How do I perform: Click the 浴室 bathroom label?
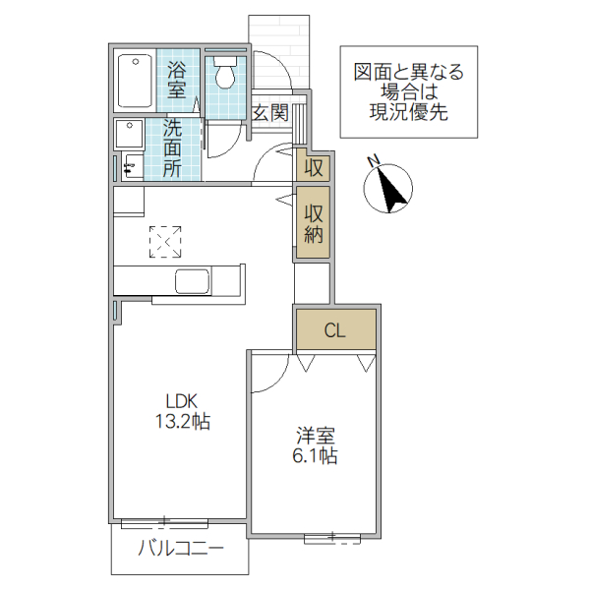point(177,80)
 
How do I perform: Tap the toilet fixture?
point(226,72)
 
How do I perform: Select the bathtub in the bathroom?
point(134,84)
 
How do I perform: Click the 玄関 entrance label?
point(269,111)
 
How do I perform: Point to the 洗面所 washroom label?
point(172,148)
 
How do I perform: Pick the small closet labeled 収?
point(314,166)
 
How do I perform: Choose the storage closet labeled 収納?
point(314,224)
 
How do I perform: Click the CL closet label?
point(334,330)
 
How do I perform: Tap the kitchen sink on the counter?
point(193,280)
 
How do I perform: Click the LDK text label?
point(181,400)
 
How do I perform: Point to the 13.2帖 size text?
point(181,422)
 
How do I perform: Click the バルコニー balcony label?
point(180,548)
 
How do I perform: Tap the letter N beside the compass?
point(373,160)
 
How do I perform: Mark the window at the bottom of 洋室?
point(331,536)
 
